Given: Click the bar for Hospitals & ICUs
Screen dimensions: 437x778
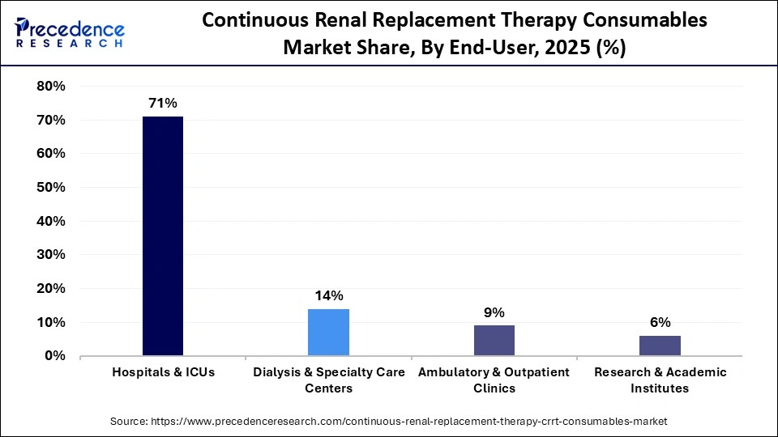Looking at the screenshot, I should [163, 235].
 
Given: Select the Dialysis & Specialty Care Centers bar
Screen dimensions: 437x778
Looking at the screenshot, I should [328, 332].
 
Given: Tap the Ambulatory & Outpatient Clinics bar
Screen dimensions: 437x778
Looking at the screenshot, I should [494, 340].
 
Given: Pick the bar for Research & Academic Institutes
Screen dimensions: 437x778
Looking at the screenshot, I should [660, 346].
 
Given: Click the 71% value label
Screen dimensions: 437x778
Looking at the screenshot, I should [163, 103].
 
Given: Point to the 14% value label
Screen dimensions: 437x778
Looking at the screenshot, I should [328, 295].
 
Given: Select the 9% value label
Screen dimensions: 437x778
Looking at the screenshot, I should [494, 312].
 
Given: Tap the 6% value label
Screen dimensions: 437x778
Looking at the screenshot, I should [660, 322].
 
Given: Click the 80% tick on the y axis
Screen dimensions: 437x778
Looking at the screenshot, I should [51, 87].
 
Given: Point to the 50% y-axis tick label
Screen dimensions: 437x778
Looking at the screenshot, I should [51, 188].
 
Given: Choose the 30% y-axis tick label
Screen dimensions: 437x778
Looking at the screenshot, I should [51, 255].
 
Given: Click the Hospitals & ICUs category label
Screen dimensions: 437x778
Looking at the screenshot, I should [163, 372].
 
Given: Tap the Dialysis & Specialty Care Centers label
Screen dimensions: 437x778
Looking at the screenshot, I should [328, 380].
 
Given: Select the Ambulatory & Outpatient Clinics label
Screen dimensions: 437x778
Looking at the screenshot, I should [494, 380].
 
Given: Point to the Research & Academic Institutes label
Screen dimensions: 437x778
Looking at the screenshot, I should [660, 380].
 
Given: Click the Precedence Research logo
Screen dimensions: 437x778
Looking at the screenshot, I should [70, 32].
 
